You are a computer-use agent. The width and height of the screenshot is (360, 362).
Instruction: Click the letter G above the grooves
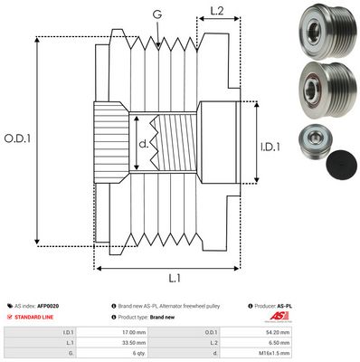point(158,14)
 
